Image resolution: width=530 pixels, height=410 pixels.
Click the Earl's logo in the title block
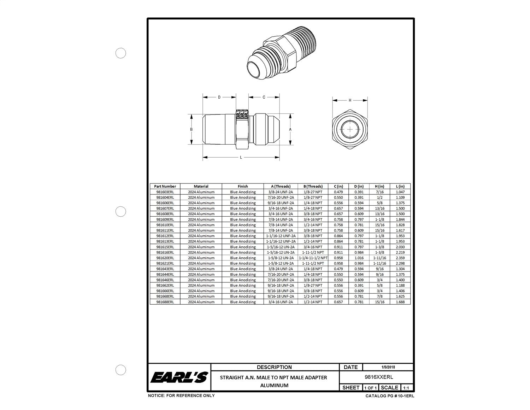point(179,377)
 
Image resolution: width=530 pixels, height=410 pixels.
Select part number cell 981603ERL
point(165,192)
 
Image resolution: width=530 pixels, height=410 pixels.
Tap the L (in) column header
point(400,186)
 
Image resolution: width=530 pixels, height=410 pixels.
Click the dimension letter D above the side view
point(219,97)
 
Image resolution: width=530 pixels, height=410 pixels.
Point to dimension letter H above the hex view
point(350,100)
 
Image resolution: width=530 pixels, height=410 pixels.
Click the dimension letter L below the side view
point(241,157)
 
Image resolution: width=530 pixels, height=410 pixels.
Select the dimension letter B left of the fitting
point(191,129)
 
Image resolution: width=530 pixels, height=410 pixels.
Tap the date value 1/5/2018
point(388,367)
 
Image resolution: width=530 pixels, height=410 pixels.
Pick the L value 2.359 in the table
point(400,258)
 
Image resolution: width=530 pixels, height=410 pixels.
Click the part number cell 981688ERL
point(165,302)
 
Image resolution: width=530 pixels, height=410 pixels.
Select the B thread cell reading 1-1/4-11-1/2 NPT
point(313,258)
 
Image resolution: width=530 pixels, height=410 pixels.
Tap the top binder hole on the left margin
point(121,53)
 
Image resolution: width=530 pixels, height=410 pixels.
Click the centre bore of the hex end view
point(350,129)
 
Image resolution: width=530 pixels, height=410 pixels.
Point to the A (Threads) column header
point(281,186)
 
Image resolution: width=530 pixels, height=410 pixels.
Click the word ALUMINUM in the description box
point(274,385)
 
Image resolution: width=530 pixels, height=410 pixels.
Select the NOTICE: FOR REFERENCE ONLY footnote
point(181,396)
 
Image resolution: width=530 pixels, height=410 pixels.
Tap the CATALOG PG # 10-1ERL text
point(390,396)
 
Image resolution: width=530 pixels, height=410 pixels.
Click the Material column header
point(201,186)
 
